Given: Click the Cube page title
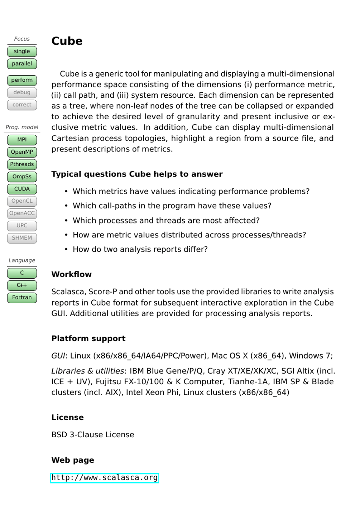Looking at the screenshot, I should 67,41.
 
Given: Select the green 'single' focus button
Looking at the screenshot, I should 22,51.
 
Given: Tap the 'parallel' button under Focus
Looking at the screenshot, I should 22,64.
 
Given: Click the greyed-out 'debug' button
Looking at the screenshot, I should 22,92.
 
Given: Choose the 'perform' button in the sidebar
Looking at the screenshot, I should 22,80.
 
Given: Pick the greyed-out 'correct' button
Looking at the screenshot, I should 22,105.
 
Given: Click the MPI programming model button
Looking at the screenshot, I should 22,140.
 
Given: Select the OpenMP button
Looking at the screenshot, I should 22,152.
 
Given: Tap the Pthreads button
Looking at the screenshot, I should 22,164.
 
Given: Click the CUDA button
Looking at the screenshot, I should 22,189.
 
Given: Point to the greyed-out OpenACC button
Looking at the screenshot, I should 22,213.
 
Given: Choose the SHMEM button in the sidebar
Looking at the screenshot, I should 22,238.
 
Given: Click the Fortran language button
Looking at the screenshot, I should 22,298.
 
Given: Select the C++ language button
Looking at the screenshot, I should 22,285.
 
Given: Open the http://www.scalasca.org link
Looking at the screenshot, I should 105,478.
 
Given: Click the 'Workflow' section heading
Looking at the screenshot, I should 71,274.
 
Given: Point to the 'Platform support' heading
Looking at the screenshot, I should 88,338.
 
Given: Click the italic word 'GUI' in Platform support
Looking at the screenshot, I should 58,356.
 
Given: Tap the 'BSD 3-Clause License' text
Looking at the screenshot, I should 93,435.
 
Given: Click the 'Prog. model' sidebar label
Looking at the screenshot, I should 22,127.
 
